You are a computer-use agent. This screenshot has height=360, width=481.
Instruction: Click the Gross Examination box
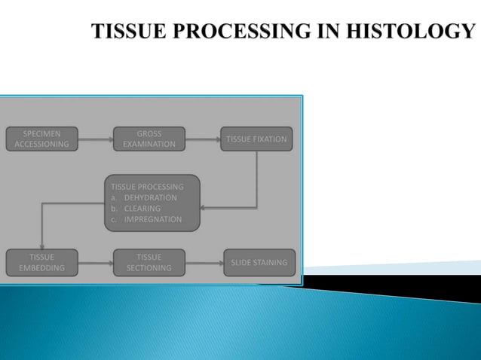(x=149, y=139)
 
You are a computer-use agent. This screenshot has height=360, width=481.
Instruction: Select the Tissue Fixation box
(x=257, y=139)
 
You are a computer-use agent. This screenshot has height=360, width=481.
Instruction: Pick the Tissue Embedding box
(x=41, y=262)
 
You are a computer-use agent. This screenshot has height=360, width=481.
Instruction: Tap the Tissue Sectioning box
(x=149, y=262)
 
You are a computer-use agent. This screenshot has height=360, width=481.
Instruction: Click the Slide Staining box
(x=259, y=263)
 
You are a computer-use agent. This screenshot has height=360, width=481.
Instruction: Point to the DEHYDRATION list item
(x=150, y=198)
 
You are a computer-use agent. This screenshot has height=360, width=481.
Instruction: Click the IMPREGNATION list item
(x=152, y=219)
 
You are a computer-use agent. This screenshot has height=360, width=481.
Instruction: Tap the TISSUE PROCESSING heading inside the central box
(x=147, y=187)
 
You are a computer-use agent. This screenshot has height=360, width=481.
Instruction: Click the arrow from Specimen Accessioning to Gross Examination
(x=96, y=139)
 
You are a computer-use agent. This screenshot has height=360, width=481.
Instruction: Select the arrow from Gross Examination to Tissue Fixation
(x=203, y=139)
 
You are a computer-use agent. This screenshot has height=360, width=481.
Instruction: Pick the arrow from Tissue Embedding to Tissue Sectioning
(x=96, y=263)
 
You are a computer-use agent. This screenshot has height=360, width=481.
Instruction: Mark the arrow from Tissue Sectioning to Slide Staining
(x=204, y=263)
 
